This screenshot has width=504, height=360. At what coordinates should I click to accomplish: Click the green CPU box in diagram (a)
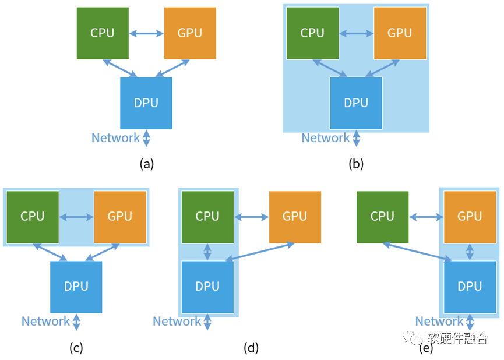tap(103, 33)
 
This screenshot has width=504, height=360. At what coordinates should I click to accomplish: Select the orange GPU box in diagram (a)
tap(190, 33)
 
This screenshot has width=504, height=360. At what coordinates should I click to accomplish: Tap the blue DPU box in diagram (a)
tap(146, 103)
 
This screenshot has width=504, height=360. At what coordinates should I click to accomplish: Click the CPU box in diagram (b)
tap(312, 33)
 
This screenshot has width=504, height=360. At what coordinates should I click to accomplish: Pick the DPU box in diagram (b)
tap(356, 103)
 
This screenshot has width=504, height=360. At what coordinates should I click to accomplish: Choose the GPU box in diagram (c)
tap(120, 217)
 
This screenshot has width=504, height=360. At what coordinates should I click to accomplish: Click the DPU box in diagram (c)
tap(76, 287)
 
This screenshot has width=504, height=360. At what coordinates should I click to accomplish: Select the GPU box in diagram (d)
tap(295, 217)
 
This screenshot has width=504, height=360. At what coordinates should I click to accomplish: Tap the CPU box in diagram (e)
tap(382, 217)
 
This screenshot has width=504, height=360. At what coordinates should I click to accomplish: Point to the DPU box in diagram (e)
tap(470, 287)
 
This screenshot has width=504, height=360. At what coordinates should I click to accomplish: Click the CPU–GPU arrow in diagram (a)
tap(146, 33)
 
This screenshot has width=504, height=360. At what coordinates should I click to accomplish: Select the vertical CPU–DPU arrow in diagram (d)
tap(207, 252)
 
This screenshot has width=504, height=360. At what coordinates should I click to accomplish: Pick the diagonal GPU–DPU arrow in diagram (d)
tap(260, 252)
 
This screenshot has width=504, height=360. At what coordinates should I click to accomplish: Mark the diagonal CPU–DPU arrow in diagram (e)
tap(417, 252)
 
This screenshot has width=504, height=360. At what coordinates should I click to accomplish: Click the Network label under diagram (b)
tap(325, 138)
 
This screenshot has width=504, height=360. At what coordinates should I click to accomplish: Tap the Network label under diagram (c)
tap(45, 322)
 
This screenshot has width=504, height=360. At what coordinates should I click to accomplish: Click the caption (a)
tap(146, 164)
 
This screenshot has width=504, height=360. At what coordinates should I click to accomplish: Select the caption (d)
tap(251, 348)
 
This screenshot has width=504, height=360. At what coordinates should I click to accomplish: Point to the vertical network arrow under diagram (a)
tap(146, 138)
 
